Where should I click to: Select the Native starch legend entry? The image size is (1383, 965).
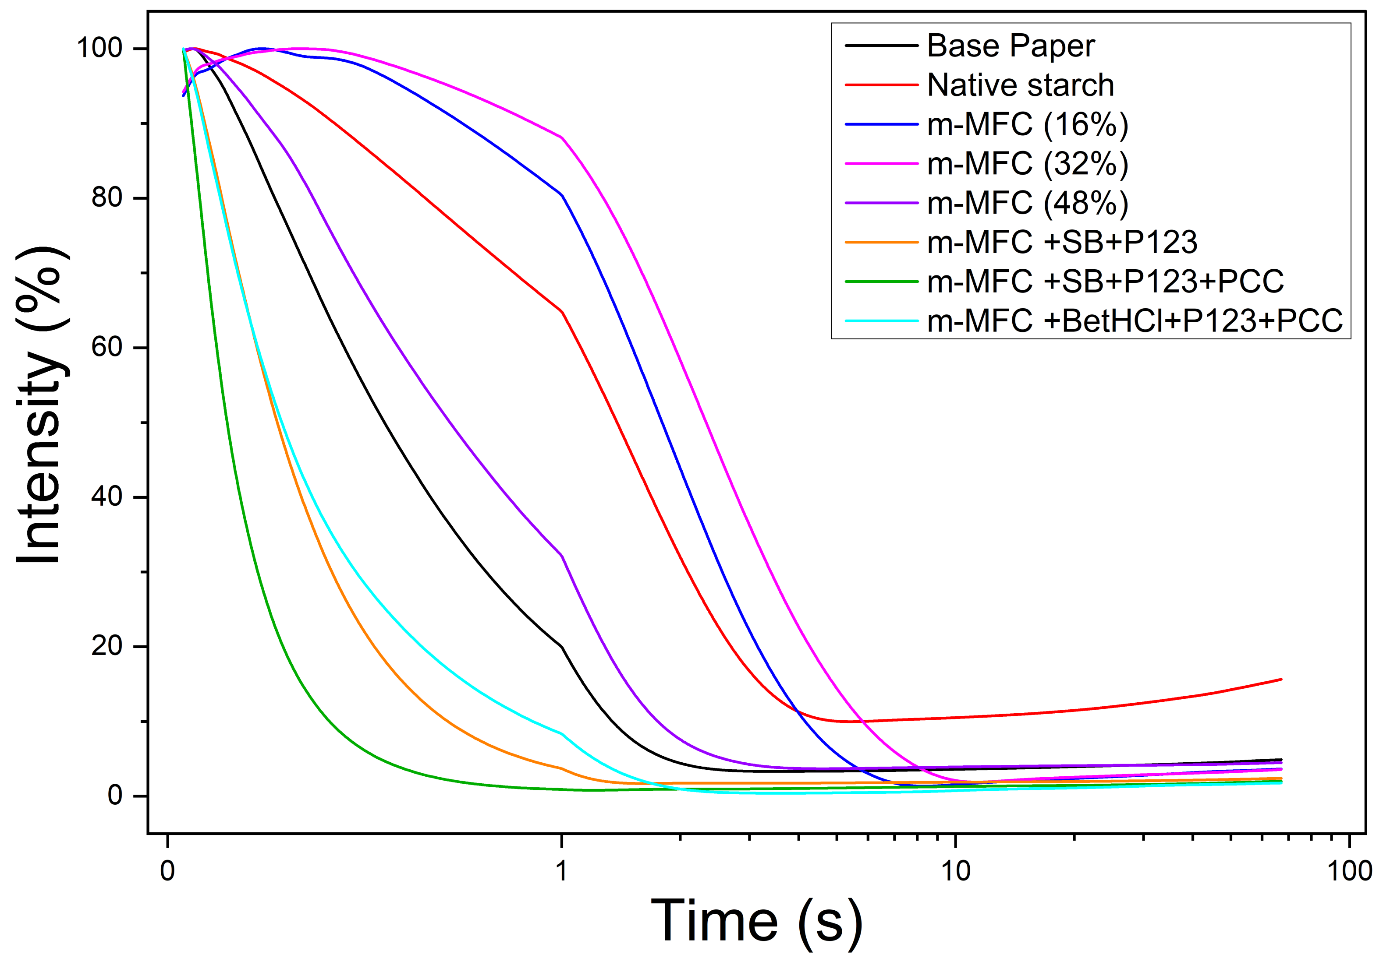[1021, 85]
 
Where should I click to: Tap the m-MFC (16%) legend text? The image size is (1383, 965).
[1028, 125]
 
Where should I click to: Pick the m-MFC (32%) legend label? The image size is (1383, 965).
[1028, 164]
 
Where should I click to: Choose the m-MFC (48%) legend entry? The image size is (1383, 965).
[1028, 203]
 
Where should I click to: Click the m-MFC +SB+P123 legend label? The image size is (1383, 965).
[1062, 242]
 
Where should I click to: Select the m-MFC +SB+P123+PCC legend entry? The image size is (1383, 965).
[1105, 281]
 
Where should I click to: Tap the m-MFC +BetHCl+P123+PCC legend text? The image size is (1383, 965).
[1135, 320]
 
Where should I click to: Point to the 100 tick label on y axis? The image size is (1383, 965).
[99, 48]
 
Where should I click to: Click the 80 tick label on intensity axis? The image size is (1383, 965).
[107, 197]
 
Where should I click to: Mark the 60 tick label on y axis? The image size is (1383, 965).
[107, 347]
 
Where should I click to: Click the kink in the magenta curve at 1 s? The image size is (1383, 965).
[561, 137]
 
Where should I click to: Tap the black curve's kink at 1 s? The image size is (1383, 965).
[561, 647]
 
